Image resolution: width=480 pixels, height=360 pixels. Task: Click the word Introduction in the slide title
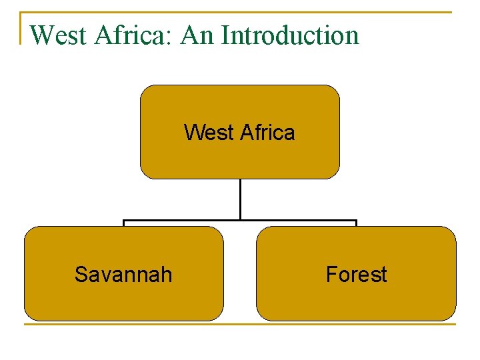click(290, 35)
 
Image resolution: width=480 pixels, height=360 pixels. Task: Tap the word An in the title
click(197, 35)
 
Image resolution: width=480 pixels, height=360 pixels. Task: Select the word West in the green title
click(59, 35)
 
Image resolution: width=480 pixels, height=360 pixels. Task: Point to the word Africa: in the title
click(135, 35)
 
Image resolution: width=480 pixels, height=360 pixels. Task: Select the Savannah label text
click(123, 274)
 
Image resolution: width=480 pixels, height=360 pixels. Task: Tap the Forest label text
click(356, 274)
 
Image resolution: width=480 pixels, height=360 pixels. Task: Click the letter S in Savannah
click(81, 274)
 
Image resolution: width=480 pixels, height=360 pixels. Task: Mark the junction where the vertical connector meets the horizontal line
click(240, 220)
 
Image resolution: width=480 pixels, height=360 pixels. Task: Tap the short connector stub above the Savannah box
click(123, 223)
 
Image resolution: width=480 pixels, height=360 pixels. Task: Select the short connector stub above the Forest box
click(356, 223)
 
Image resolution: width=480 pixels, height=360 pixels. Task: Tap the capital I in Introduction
click(225, 35)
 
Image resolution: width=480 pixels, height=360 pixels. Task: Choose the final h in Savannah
click(166, 274)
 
